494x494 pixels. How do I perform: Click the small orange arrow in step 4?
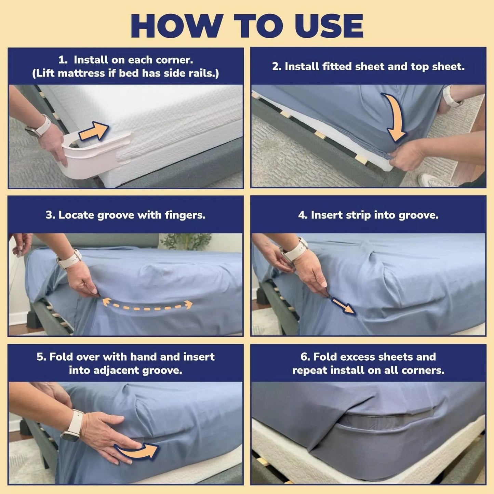click(x=343, y=305)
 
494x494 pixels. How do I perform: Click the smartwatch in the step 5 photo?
click(x=72, y=426)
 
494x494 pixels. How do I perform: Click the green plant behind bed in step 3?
click(x=186, y=241)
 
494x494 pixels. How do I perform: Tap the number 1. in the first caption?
click(x=63, y=60)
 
